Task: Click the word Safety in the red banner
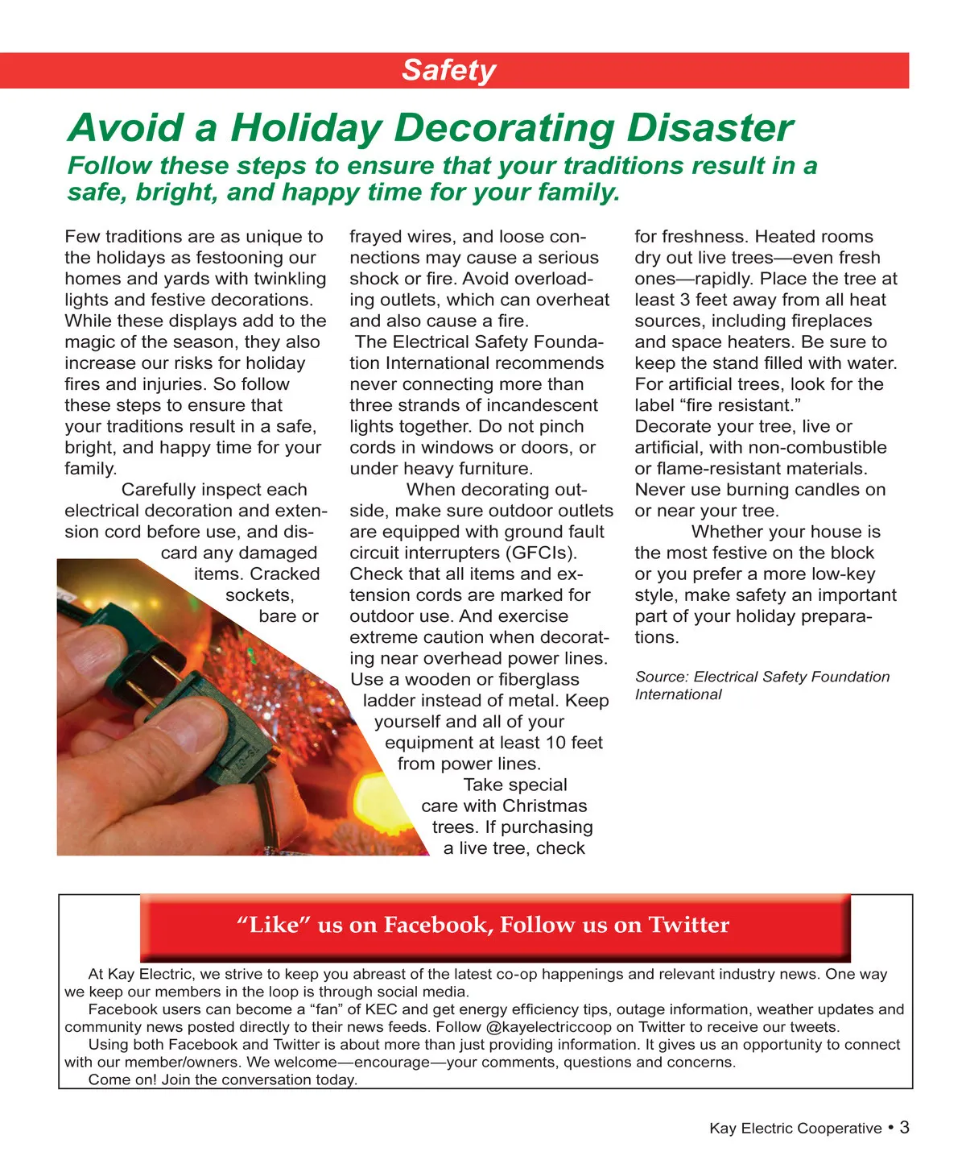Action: (x=448, y=70)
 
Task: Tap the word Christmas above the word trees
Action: (x=545, y=806)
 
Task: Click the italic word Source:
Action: (x=662, y=677)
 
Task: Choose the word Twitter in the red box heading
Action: (x=689, y=925)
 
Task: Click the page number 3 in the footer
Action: (x=904, y=1127)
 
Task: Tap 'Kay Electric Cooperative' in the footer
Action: (x=795, y=1129)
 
